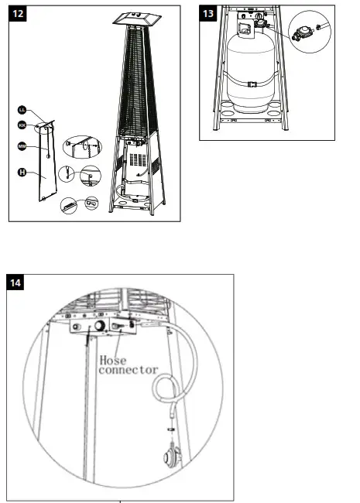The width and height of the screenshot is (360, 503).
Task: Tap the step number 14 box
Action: click(17, 284)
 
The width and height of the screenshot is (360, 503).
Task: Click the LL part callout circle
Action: click(24, 111)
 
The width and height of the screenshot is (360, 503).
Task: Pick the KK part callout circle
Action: click(23, 125)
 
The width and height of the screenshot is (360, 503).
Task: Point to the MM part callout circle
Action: click(22, 146)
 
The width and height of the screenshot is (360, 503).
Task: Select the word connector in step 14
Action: click(128, 370)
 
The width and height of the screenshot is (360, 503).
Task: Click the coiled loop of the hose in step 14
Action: click(164, 388)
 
